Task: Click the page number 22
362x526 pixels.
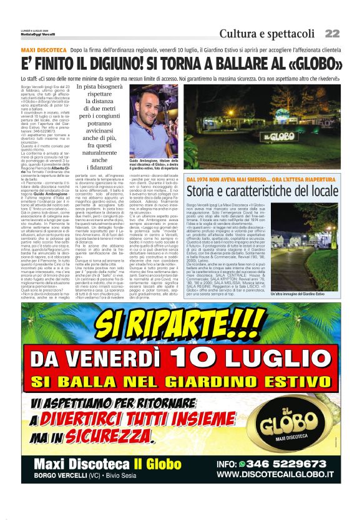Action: click(332, 33)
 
